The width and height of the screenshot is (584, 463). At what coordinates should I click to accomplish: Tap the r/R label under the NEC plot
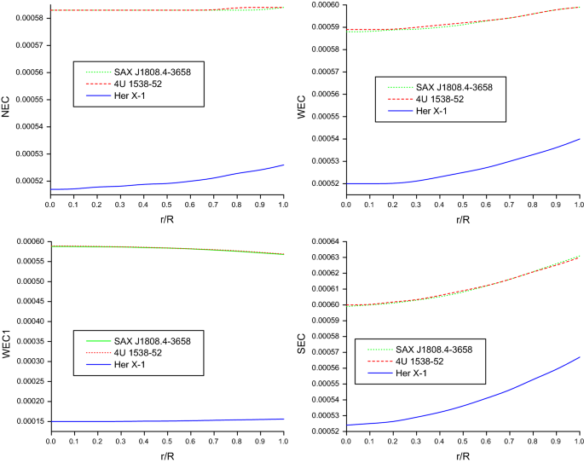(x=166, y=217)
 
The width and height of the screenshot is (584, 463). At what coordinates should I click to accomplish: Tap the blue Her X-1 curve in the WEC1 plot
(x=171, y=420)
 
